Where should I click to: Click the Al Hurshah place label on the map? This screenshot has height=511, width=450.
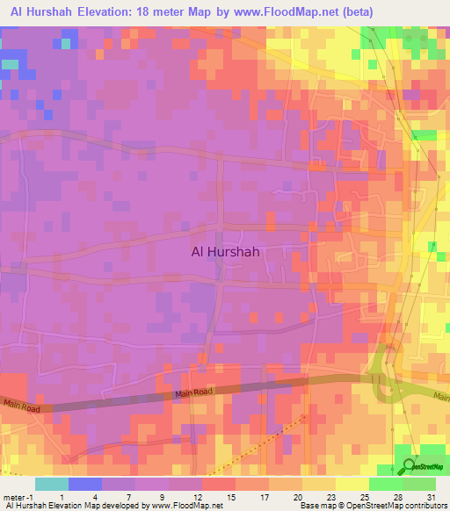pyautogui.click(x=229, y=250)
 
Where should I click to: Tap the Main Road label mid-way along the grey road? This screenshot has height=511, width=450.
pyautogui.click(x=192, y=392)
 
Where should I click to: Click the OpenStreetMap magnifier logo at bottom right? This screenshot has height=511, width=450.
pyautogui.click(x=410, y=467)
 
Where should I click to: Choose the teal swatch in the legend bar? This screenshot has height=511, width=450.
pyautogui.click(x=51, y=484)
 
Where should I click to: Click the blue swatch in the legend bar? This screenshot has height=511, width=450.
pyautogui.click(x=85, y=484)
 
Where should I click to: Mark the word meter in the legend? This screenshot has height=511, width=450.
pyautogui.click(x=13, y=497)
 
